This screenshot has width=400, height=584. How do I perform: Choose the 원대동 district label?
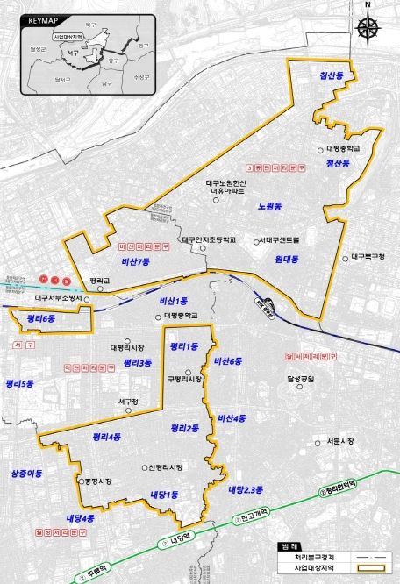click(x=286, y=260)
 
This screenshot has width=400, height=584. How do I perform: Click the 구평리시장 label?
click(x=185, y=379)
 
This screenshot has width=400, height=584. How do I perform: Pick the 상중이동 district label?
click(x=26, y=473)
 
